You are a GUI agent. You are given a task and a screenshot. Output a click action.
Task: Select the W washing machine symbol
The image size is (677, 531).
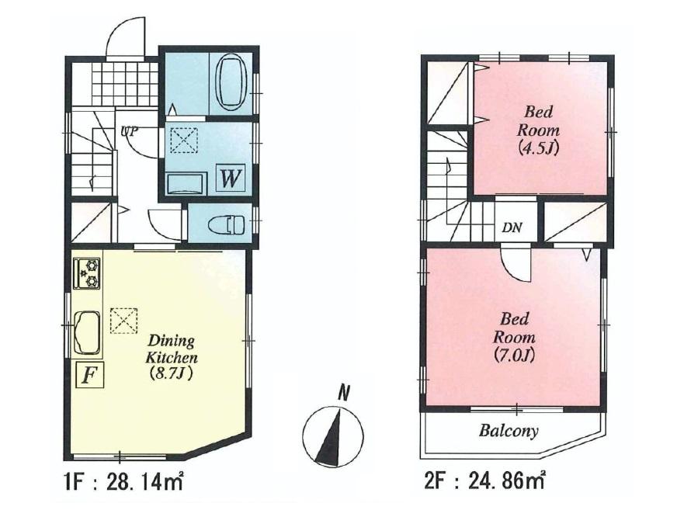[230, 179]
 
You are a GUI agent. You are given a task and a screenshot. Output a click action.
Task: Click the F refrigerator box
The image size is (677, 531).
[89, 376]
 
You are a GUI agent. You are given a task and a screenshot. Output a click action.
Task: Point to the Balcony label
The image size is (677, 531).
[509, 432]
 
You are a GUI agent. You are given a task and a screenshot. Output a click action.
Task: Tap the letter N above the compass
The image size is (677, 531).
[342, 394]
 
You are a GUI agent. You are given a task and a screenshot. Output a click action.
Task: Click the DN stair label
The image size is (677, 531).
[512, 227]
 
